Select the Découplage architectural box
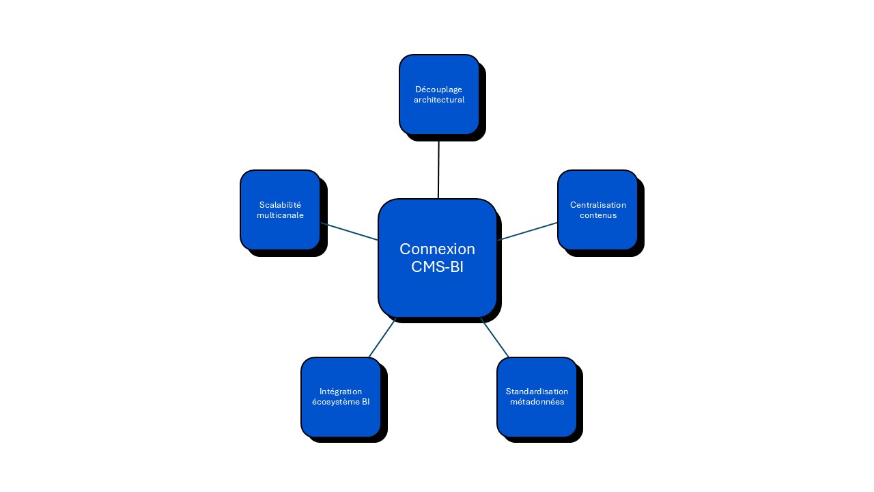pos(439,116)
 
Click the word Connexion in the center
pos(437,249)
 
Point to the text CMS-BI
pos(437,267)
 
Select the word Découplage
pos(439,90)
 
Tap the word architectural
pos(439,100)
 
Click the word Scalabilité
pos(280,205)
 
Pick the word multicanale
pos(280,215)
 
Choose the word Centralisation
pos(597,205)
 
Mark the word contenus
pos(597,215)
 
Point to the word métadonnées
pos(537,402)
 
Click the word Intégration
pos(341,392)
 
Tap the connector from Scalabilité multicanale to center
pos(349,232)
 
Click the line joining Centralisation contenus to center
pos(528,231)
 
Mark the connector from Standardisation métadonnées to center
pos(495,338)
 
